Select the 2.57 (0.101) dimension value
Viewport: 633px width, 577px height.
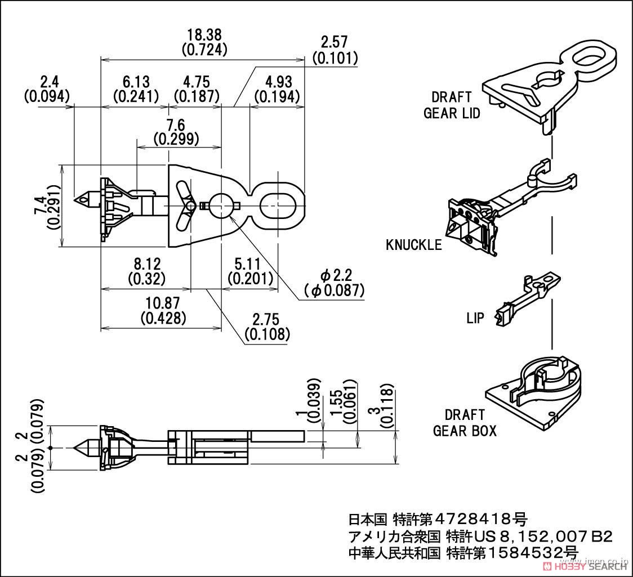click(x=334, y=50)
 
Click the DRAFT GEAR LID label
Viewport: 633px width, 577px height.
click(x=451, y=105)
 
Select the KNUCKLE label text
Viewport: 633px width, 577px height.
click(x=413, y=245)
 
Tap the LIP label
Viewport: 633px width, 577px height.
click(x=475, y=318)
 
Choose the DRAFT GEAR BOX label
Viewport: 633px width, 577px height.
click(x=465, y=423)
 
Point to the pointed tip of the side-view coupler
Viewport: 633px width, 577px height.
click(x=76, y=448)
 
